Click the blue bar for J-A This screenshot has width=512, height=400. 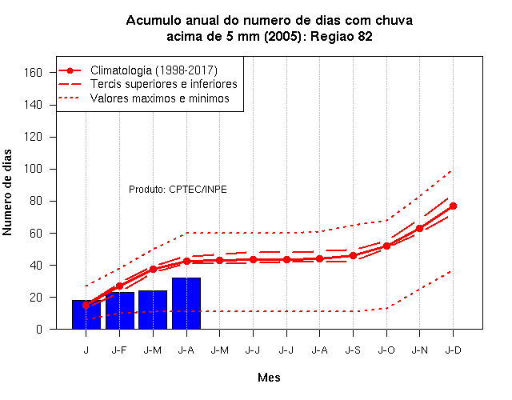(x=186, y=303)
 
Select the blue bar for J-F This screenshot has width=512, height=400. (x=120, y=310)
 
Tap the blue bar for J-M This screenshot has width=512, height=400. (x=153, y=310)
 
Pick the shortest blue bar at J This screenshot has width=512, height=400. (x=86, y=314)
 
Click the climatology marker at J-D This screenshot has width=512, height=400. (x=453, y=206)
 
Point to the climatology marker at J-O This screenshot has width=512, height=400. (x=386, y=246)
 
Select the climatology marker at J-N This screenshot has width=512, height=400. (x=419, y=229)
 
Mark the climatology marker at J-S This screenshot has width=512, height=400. (x=353, y=256)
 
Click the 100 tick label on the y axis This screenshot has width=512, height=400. (x=33, y=169)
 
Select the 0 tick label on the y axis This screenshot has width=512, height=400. (x=39, y=329)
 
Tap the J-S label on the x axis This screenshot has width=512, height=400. (x=353, y=350)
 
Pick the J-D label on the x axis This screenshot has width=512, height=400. (x=454, y=350)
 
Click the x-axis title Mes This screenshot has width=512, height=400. (x=269, y=378)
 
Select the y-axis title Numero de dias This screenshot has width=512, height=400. (x=7, y=192)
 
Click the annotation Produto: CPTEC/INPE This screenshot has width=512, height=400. (x=178, y=190)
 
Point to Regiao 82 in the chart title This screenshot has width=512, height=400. (x=342, y=37)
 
